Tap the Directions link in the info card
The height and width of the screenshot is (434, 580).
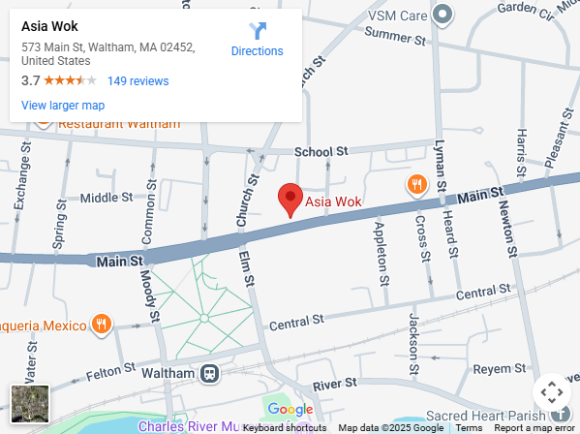click(258, 40)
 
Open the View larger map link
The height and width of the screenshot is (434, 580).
click(63, 106)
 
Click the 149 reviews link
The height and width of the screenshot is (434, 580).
click(137, 81)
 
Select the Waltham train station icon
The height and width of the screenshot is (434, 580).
click(208, 373)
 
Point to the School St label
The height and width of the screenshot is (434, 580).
click(321, 152)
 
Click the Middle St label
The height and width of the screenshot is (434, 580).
click(106, 198)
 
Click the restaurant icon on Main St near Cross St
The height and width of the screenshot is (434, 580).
click(416, 184)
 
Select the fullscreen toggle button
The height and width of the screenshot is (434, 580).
click(551, 392)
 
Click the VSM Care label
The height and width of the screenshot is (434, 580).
click(398, 15)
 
